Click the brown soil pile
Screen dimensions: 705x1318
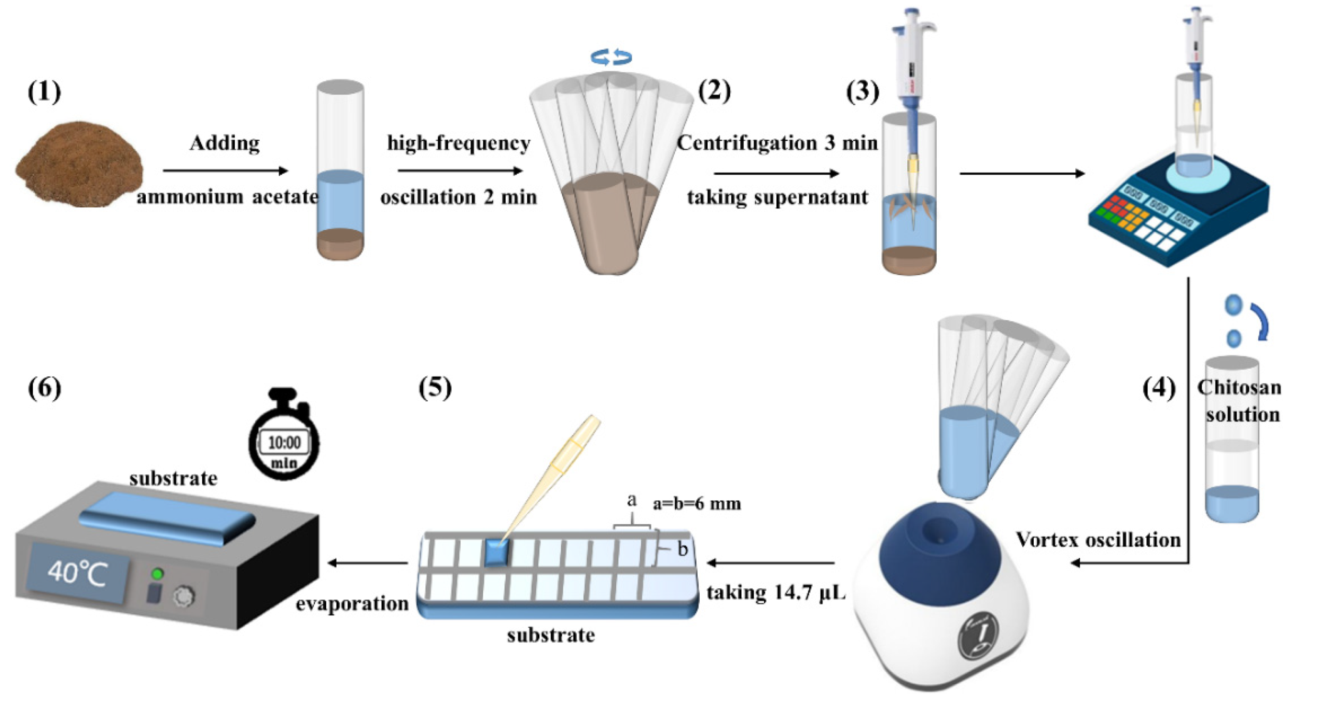79,165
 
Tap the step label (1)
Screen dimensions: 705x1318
44,92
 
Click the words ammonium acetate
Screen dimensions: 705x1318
227,197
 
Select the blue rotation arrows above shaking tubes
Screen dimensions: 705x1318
612,57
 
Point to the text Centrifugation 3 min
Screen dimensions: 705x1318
776,143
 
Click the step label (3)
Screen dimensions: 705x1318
863,92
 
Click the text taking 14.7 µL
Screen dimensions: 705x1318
776,592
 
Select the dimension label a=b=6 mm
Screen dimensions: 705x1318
697,503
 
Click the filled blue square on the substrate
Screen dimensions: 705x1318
497,553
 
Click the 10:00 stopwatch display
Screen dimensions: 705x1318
284,442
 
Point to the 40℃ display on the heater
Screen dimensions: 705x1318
78,573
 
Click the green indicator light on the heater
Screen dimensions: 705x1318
157,574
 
